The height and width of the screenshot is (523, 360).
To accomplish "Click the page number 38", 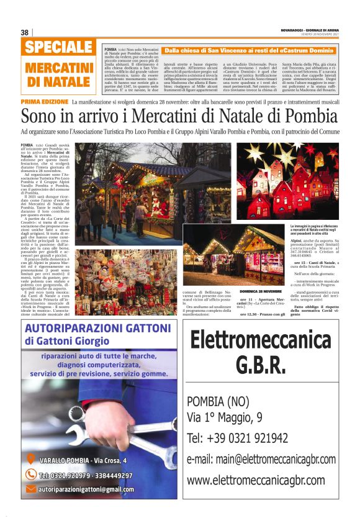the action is (24, 32).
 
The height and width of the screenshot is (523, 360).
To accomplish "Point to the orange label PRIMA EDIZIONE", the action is (44, 101).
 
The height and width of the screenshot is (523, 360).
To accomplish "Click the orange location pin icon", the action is (30, 460).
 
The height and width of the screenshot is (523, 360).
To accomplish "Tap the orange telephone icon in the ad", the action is (30, 475).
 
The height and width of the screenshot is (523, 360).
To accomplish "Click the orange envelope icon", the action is (30, 489).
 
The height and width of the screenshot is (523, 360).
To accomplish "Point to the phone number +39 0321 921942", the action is (237, 438).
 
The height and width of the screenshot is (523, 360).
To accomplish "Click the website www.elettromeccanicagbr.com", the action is (256, 480).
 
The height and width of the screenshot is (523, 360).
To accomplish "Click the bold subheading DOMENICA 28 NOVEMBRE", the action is (261, 291).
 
